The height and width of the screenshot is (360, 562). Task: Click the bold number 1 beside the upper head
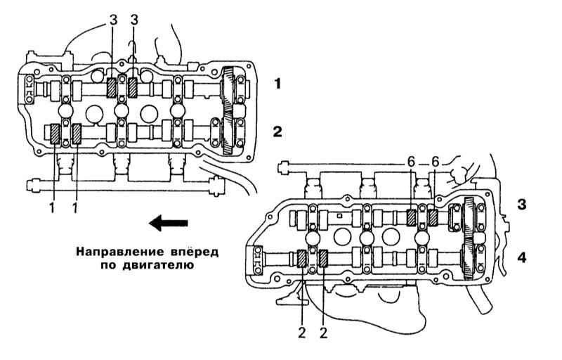[x=278, y=84]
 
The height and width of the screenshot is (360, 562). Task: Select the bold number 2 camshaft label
[x=278, y=131]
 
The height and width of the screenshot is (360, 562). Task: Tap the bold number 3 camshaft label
[x=521, y=204]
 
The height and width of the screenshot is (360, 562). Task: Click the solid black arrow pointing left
[x=169, y=224]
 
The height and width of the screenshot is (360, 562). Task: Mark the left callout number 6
[x=411, y=161]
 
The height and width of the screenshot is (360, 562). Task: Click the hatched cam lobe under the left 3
[x=112, y=87]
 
